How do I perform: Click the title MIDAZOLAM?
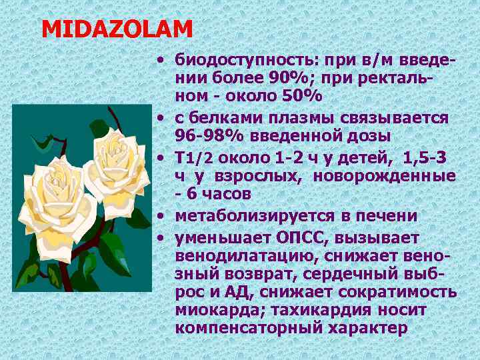point(117,29)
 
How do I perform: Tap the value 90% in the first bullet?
point(287,78)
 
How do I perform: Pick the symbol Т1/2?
point(193,157)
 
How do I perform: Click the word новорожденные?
point(397,175)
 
